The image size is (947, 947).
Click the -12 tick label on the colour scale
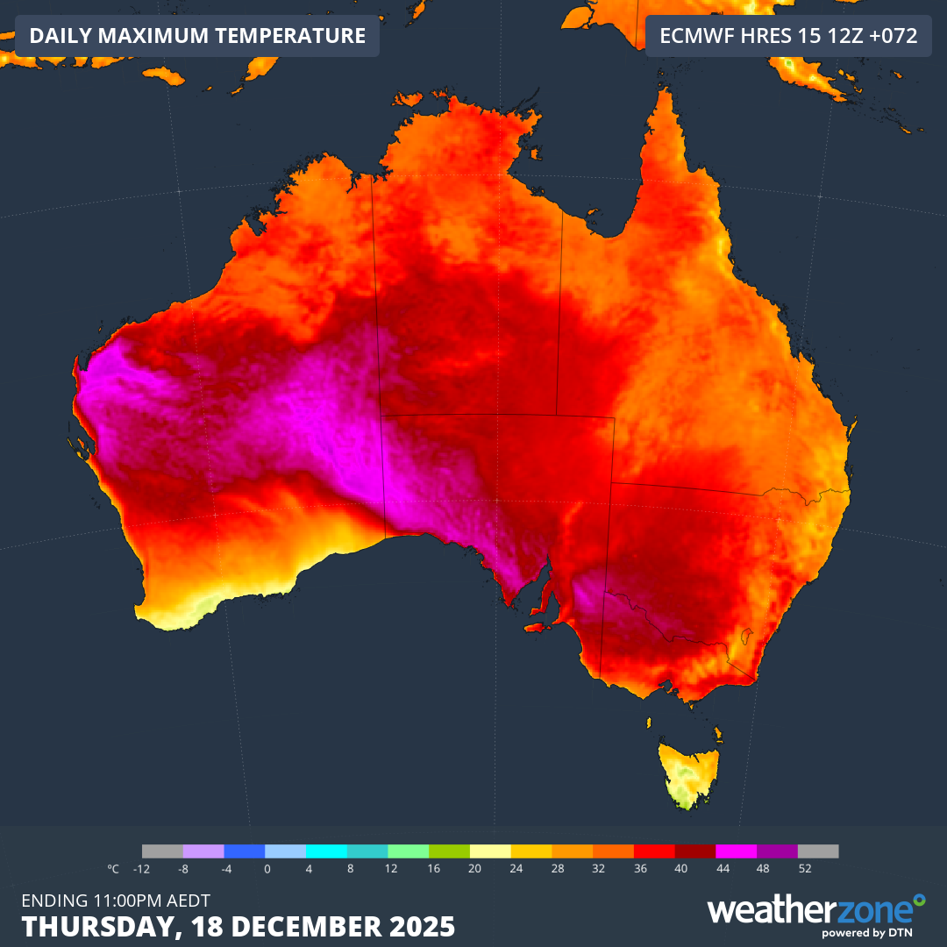click(x=141, y=869)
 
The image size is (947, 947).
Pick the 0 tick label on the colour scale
click(x=266, y=869)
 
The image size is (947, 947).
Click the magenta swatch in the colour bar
click(x=736, y=851)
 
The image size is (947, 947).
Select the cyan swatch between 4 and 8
click(x=326, y=851)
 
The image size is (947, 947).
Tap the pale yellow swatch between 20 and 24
click(x=490, y=851)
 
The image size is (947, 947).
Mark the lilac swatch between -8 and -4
click(x=203, y=851)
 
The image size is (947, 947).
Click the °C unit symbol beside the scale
click(x=113, y=869)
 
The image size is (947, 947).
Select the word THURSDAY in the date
click(x=87, y=926)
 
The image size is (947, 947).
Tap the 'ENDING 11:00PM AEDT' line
click(x=116, y=900)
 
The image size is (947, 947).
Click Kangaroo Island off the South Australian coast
click(x=536, y=627)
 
